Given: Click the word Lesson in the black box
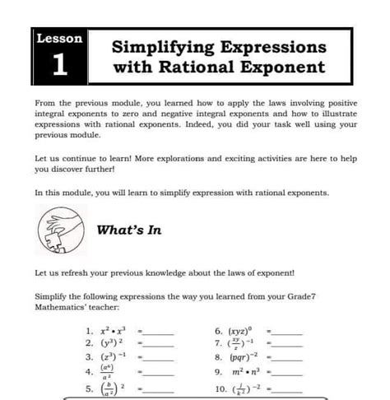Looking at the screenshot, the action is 59,39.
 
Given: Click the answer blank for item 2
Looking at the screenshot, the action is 160,343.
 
